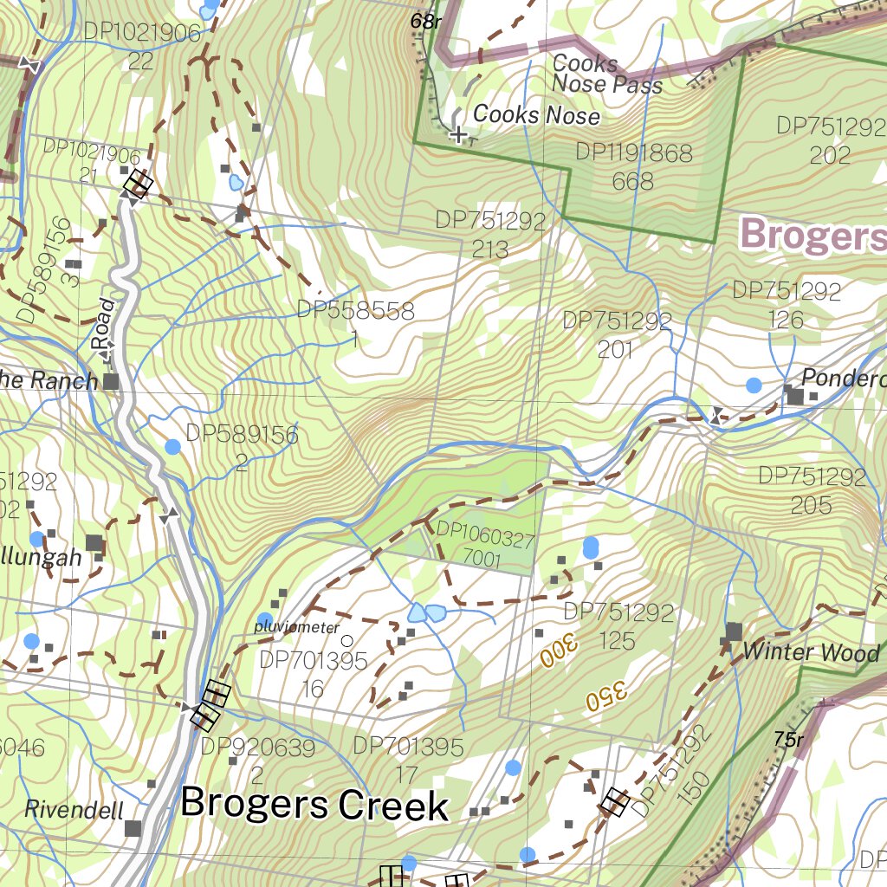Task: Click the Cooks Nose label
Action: click(536, 114)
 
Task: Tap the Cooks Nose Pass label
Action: click(606, 74)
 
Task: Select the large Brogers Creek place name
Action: click(314, 804)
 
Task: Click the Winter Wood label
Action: click(812, 652)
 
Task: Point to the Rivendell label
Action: click(74, 810)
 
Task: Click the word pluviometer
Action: click(297, 625)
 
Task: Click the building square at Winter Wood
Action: click(734, 631)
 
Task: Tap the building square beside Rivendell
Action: click(133, 828)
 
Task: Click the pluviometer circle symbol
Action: click(346, 641)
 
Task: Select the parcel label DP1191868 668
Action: click(634, 166)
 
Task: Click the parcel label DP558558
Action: click(355, 311)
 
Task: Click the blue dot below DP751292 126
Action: click(754, 385)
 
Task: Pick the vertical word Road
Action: click(104, 323)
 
